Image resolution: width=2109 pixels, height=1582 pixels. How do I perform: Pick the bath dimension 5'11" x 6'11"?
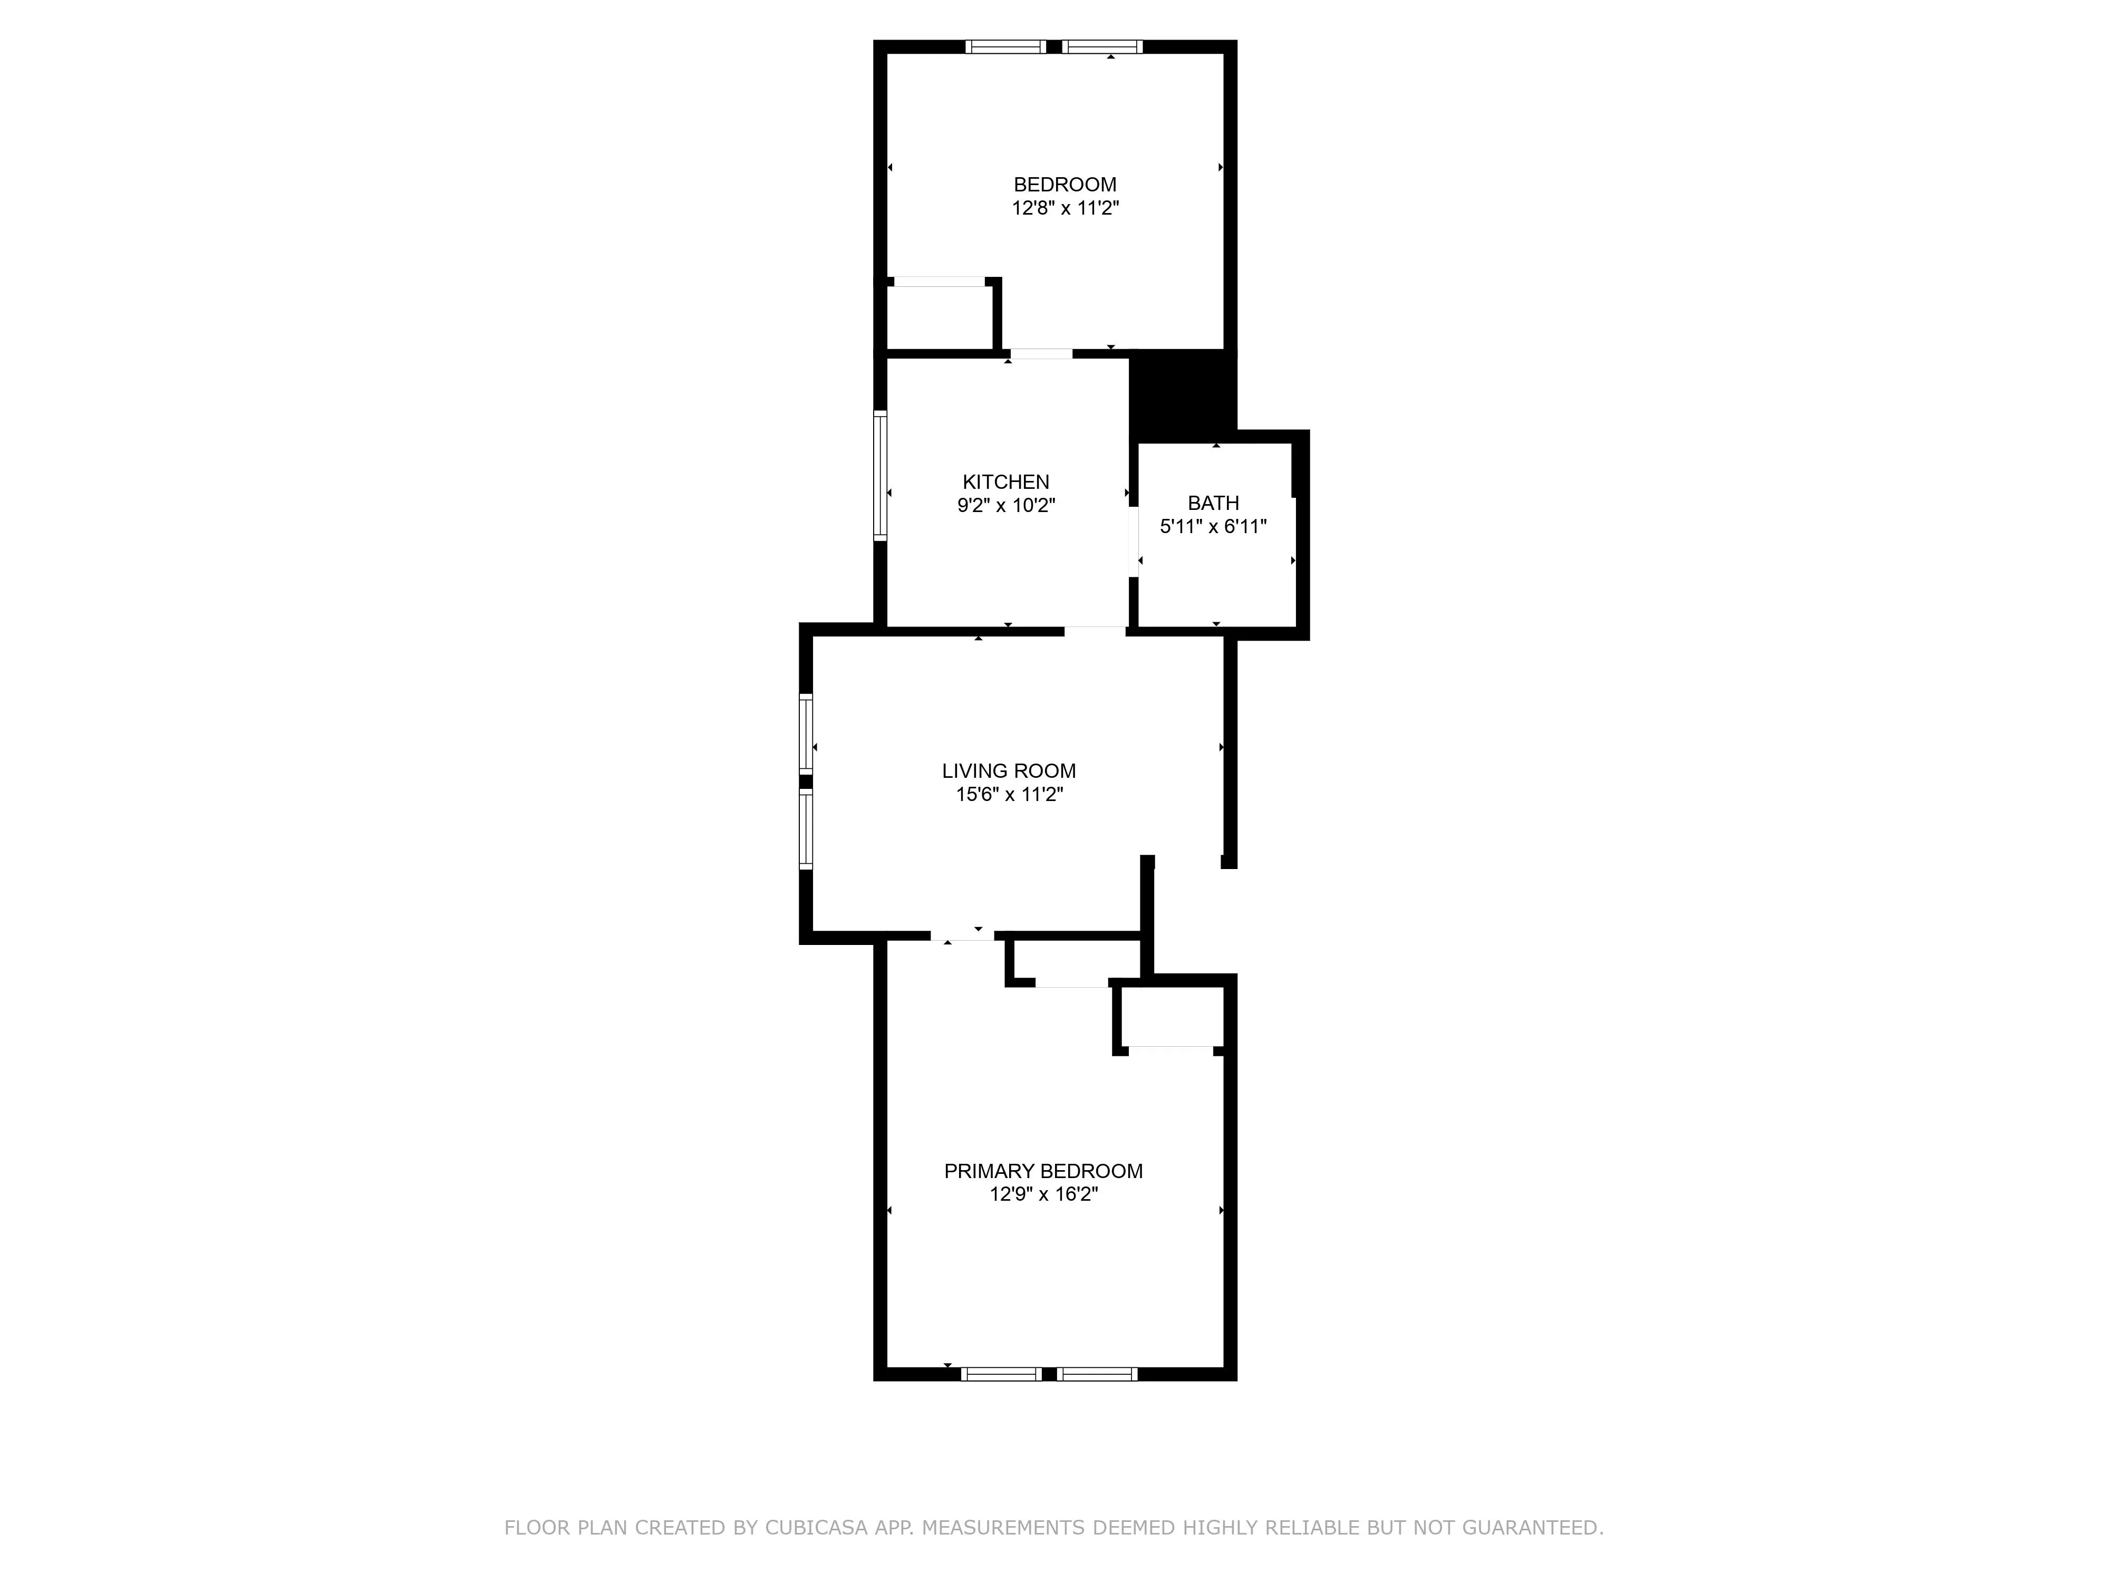[1213, 526]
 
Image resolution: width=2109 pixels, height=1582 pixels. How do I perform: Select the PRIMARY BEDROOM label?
[1043, 1171]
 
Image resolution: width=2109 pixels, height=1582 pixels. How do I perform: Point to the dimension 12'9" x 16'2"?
[1043, 1195]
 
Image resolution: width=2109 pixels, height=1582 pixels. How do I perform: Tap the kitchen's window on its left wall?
[880, 476]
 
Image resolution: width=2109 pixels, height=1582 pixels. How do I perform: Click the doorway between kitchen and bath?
[1134, 542]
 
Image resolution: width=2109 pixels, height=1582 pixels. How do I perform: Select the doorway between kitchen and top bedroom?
[1041, 354]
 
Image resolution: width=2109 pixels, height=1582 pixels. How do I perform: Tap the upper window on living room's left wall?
[806, 732]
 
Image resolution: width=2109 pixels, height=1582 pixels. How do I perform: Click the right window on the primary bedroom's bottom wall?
[1097, 1374]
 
